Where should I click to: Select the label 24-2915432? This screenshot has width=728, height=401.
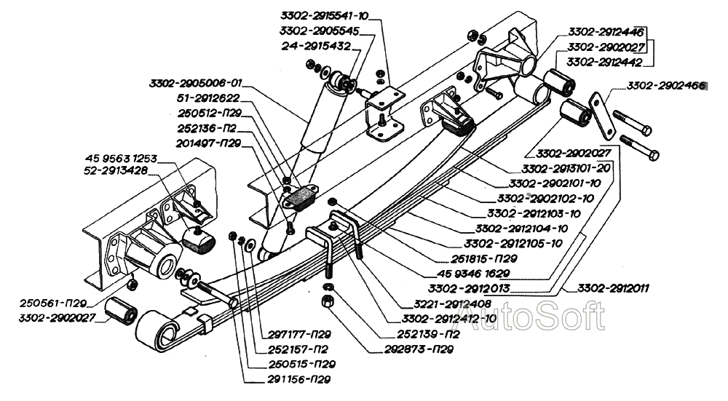pyautogui.click(x=317, y=45)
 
